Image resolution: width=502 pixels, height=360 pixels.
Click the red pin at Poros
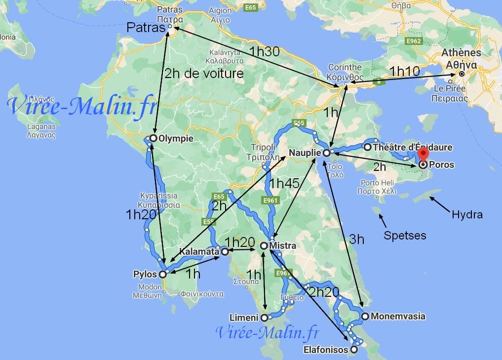tap(423, 153)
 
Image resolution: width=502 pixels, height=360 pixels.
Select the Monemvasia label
tap(398, 317)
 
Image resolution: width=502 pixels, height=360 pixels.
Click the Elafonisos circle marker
tap(354, 350)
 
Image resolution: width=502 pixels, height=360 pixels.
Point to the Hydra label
tap(466, 214)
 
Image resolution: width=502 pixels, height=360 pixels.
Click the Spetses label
tap(405, 235)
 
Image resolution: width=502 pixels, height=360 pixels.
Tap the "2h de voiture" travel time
tap(204, 74)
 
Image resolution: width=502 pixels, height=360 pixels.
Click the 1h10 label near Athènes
tap(404, 71)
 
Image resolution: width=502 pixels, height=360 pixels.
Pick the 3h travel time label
tap(356, 240)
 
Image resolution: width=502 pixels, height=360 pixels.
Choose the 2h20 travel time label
tap(324, 292)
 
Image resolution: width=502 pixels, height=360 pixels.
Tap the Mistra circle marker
tap(264, 245)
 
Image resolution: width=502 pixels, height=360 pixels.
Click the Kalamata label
tap(199, 251)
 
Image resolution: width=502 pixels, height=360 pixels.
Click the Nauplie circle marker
tap(326, 153)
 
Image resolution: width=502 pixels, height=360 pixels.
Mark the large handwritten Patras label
tap(145, 28)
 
